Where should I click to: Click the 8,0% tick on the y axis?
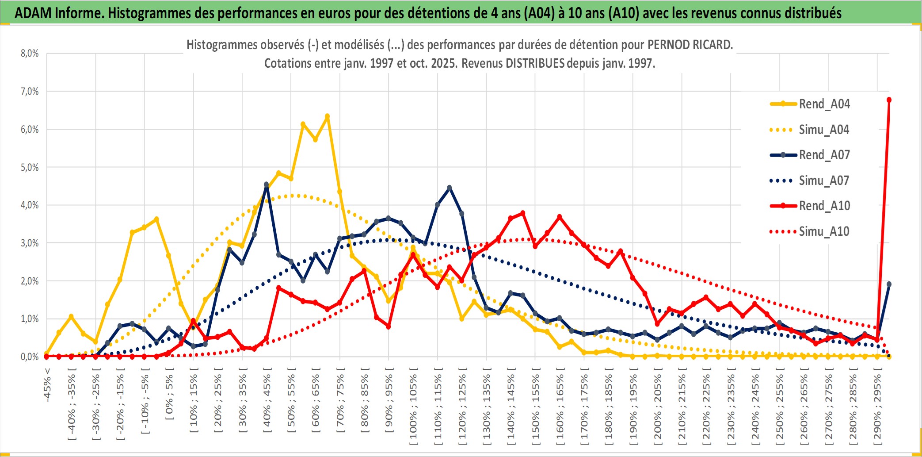30,54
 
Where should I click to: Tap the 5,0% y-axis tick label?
30,167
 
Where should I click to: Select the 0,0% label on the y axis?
30,357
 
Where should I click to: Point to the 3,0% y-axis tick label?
30,243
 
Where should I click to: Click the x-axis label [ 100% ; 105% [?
413,407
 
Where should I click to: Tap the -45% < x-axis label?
47,385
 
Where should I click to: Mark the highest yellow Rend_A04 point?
327,116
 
